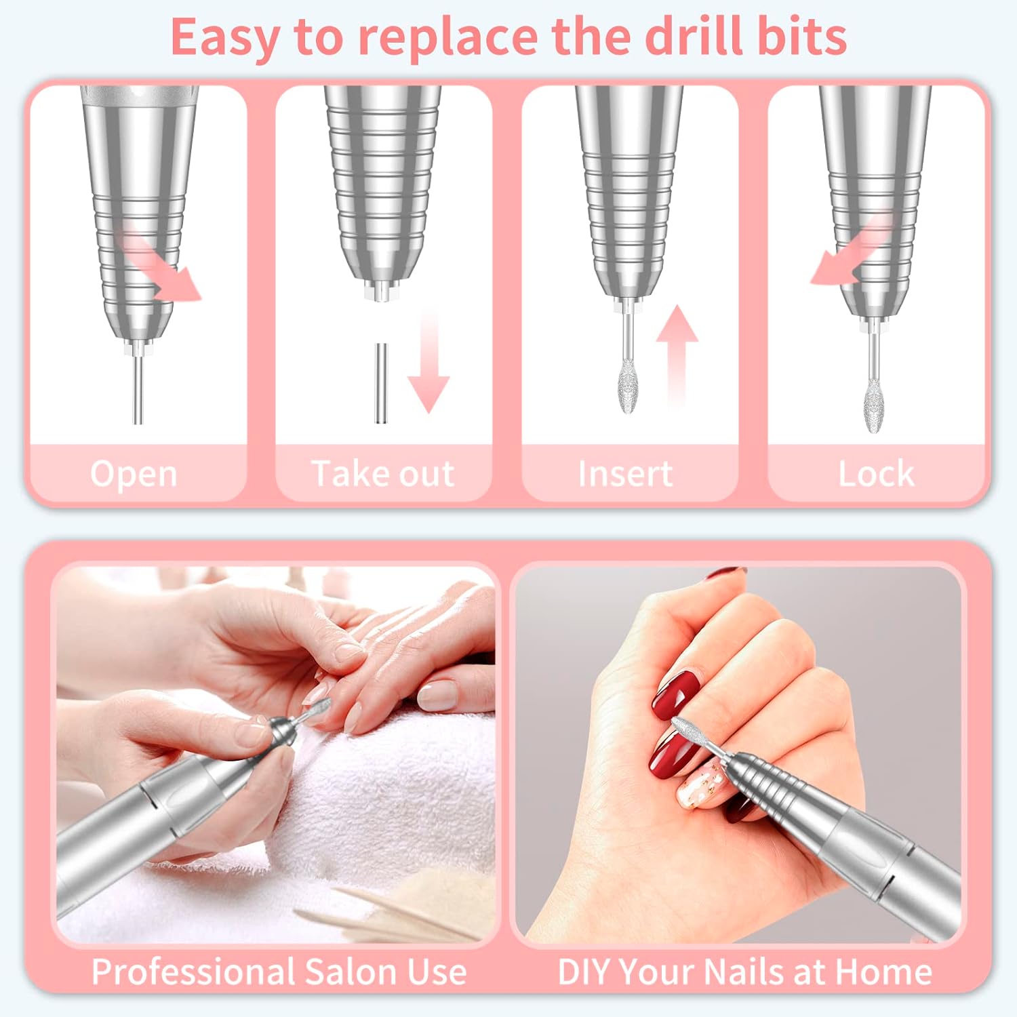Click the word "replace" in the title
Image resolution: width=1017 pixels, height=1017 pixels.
448,37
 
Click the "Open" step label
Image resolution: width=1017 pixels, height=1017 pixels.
134,473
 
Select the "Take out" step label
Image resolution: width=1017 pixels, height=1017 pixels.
382,473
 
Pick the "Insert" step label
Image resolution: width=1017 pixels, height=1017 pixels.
625,473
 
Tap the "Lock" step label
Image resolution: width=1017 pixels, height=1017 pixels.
876,473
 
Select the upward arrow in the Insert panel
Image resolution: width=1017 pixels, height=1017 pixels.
676,353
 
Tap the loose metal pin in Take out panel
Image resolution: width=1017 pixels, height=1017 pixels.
381,383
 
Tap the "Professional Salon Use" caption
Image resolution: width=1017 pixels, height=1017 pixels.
279,972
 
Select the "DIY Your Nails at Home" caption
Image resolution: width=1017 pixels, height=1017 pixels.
744,972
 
